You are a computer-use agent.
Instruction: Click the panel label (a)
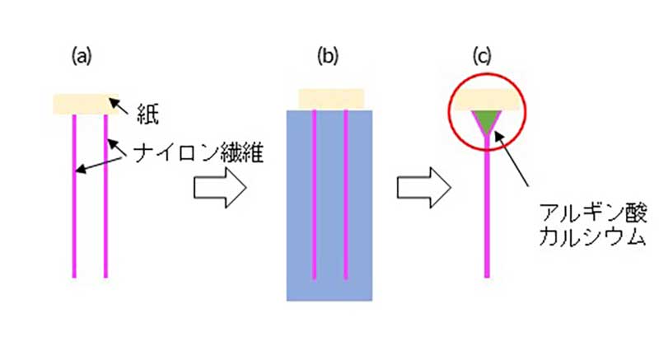[80, 56]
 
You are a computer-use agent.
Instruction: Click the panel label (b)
[329, 56]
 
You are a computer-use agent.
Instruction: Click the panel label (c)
[481, 56]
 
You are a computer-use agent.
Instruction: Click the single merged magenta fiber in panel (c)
[490, 214]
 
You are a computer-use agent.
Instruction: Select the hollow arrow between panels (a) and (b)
[218, 189]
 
